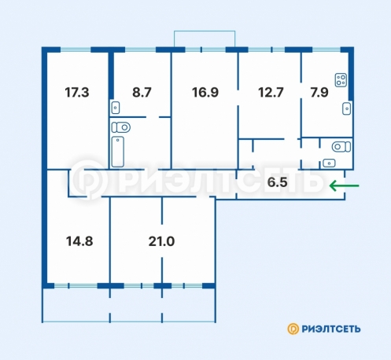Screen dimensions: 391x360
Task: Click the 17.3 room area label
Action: tap(77, 93)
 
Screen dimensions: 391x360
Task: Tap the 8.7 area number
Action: tap(142, 93)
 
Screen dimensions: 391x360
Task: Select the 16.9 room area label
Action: tap(205, 93)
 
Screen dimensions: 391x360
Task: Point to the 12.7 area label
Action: tap(271, 93)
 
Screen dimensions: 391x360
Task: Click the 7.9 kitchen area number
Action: tap(319, 93)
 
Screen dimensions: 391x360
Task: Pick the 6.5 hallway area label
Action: tap(278, 182)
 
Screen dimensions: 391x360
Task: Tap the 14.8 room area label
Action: tap(79, 241)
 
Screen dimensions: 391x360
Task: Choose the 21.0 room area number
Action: tap(161, 241)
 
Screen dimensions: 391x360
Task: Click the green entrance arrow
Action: tap(344, 186)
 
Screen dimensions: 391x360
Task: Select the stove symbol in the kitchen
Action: tap(341, 80)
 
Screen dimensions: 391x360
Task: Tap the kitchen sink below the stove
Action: tap(347, 108)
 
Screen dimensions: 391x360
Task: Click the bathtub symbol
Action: tap(118, 152)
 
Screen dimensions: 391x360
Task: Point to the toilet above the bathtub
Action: tap(121, 127)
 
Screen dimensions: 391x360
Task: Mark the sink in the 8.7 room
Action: tap(116, 108)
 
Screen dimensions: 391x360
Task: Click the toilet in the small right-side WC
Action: tap(341, 147)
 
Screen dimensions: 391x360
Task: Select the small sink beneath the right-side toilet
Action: tap(329, 163)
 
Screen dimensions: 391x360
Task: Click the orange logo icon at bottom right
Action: tap(293, 329)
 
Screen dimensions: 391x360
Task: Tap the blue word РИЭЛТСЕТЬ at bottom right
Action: tap(331, 329)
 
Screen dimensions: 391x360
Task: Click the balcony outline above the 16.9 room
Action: tap(205, 31)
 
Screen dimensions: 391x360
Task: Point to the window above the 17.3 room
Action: tap(76, 50)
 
